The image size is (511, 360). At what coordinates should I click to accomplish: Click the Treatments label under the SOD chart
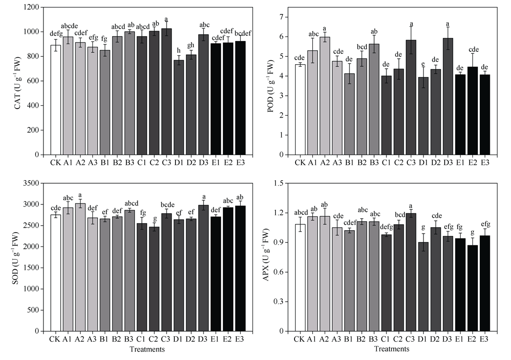[x=147, y=349]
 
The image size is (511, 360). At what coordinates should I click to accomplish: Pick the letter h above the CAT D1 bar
[x=179, y=50]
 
